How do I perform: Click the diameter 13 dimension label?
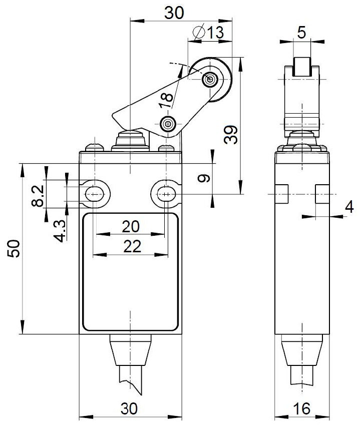pyautogui.click(x=209, y=33)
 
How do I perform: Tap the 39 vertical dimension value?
pyautogui.click(x=231, y=135)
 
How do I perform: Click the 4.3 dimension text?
pyautogui.click(x=60, y=231)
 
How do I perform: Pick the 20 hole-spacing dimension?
pyautogui.click(x=131, y=227)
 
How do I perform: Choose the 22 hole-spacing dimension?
pyautogui.click(x=131, y=246)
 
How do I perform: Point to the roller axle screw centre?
pyautogui.click(x=210, y=79)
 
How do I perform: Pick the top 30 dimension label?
pyautogui.click(x=175, y=14)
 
